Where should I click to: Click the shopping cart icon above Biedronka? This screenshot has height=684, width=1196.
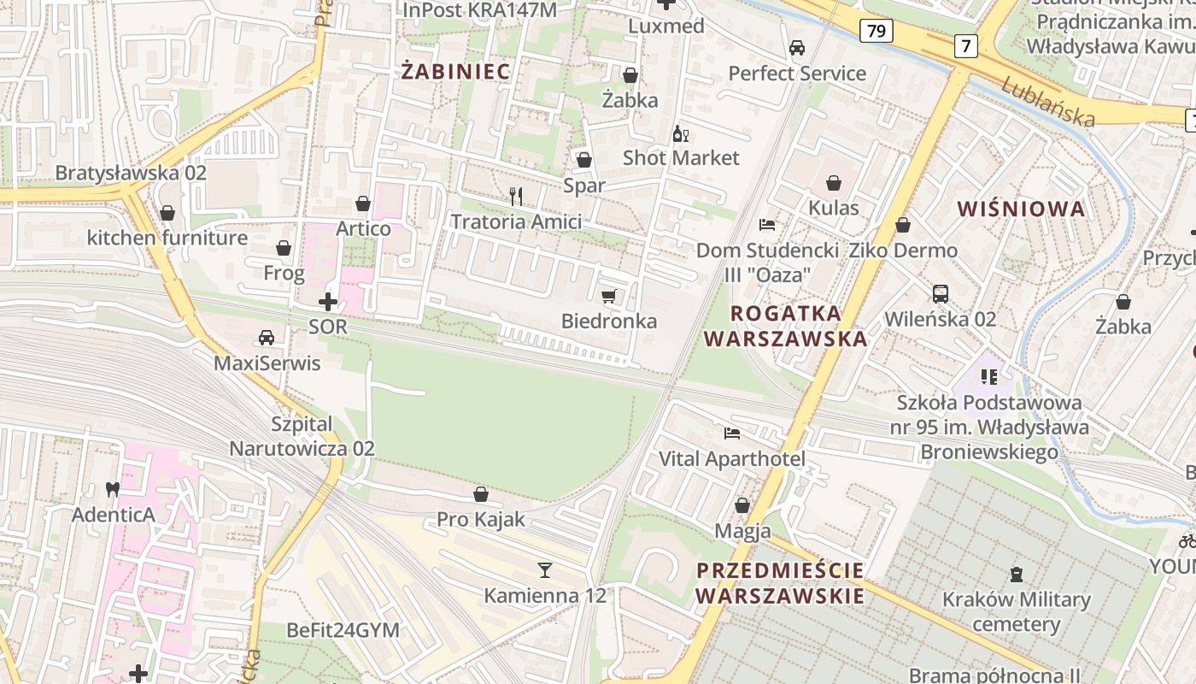608,297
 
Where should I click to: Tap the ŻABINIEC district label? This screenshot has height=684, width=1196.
456,72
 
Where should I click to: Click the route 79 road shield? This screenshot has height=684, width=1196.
876,32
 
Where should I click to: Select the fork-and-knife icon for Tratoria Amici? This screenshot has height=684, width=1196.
515,197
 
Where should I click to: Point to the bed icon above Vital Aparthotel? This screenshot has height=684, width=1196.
732,433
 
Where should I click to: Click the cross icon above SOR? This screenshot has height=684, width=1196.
328,301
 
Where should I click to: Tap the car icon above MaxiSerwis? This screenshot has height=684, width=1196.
267,337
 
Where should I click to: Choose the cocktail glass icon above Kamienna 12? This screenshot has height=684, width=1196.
545,569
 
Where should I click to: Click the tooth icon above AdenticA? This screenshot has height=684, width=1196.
111,489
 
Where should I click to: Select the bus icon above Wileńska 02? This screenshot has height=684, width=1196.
941,294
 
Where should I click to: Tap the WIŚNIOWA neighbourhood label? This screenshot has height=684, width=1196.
1021,209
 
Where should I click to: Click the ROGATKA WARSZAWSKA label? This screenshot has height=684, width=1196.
785,326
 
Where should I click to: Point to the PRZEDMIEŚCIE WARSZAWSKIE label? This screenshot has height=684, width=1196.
780,582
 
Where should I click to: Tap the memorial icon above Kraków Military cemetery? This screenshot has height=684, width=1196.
1017,574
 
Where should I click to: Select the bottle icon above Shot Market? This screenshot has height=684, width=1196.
681,133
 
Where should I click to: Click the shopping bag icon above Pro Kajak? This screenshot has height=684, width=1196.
481,494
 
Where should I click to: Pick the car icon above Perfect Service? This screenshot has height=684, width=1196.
797,48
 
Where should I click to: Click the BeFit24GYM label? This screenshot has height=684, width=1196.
343,630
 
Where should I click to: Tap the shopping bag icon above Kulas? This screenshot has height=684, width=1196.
834,183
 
